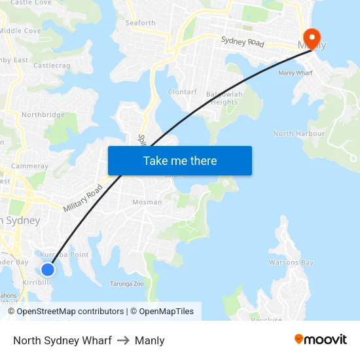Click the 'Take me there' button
tap(180, 160)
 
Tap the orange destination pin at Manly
tap(310, 37)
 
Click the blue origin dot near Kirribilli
tap(47, 269)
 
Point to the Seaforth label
tap(141, 23)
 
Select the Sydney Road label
tap(242, 41)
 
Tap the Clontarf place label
tap(183, 92)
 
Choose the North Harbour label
tap(298, 134)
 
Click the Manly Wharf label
tap(295, 73)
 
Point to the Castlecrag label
tap(52, 65)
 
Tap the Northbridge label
tap(43, 115)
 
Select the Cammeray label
tap(29, 166)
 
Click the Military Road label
tap(83, 198)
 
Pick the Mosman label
tap(147, 202)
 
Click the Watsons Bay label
tap(291, 262)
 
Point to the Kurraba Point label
tap(64, 255)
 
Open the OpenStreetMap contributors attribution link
tap(70, 312)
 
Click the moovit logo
tap(320, 340)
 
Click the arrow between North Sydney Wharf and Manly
tap(123, 340)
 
